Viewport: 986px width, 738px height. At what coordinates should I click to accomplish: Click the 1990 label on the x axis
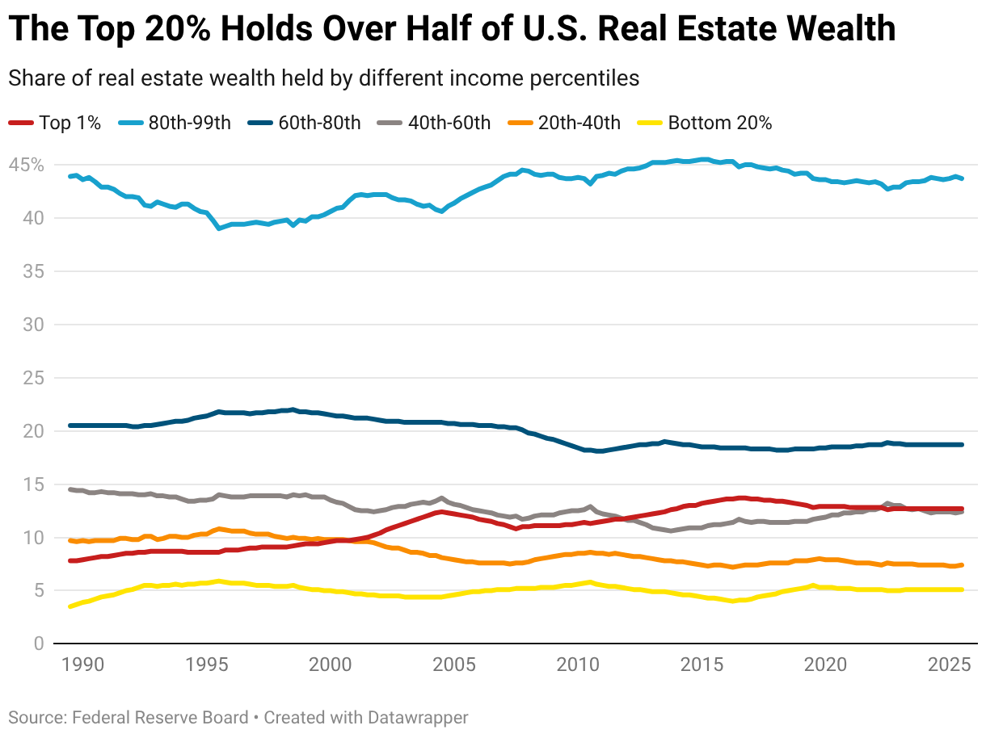click(82, 665)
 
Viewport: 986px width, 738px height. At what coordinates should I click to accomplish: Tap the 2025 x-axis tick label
click(950, 665)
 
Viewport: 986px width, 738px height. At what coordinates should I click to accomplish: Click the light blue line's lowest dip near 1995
click(218, 229)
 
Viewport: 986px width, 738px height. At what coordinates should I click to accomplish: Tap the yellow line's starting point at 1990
click(70, 606)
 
